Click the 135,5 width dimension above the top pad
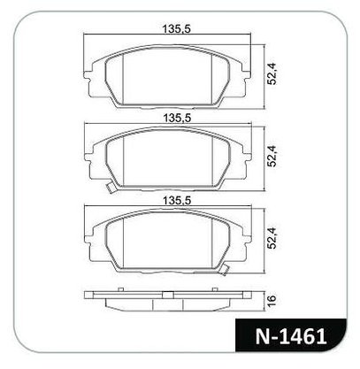click(177, 29)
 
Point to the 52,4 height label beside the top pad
click(272, 75)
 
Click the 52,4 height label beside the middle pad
click(272, 157)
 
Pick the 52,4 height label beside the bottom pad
click(272, 239)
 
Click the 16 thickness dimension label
click(272, 299)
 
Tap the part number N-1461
click(291, 336)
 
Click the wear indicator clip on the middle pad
click(111, 188)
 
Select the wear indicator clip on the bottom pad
click(225, 269)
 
